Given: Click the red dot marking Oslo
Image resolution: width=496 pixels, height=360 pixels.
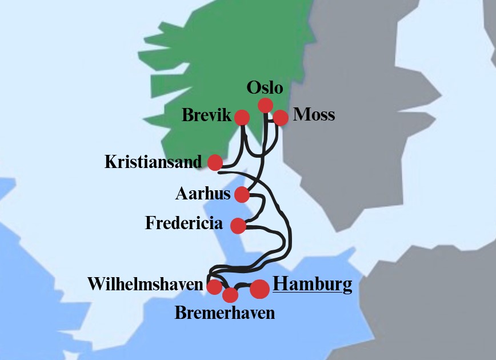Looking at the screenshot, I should [265, 105].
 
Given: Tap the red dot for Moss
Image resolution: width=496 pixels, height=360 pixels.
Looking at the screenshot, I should [280, 118].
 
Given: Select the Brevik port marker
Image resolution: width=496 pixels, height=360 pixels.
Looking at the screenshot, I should [242, 118].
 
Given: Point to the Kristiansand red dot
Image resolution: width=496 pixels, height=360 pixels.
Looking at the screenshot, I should [215, 162].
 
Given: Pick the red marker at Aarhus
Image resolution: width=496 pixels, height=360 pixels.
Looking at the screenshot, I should [242, 195].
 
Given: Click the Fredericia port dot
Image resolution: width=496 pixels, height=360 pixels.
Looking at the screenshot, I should [238, 226].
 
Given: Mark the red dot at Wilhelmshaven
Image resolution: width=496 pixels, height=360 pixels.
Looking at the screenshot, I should [214, 287].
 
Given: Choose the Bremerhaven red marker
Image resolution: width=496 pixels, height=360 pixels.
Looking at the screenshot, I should [230, 295].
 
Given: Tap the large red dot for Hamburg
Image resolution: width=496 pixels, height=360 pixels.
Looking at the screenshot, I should [259, 289].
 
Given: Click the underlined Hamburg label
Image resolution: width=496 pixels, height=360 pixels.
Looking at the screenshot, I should [312, 285].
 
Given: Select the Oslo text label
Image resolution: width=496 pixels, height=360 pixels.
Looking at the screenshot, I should [265, 88].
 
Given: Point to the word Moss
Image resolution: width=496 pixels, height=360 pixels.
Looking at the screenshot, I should [314, 115].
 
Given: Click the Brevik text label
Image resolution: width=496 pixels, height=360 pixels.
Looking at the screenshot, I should [206, 116].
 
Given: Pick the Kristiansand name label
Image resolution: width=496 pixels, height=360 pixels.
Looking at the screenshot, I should [153, 162].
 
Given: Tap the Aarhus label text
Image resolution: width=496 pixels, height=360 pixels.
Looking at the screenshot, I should [203, 194].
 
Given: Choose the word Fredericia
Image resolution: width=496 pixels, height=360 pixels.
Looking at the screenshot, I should [184, 223].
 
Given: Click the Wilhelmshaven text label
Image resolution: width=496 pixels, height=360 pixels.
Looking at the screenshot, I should [146, 284].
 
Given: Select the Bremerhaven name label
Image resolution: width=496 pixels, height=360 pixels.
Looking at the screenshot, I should [225, 313].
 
